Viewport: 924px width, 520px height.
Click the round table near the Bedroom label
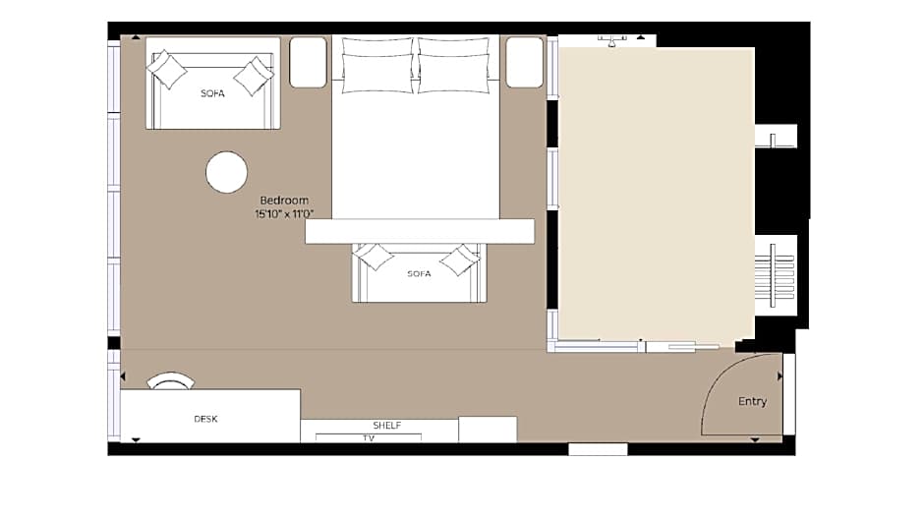tap(226, 172)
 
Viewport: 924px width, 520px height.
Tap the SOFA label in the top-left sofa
tap(212, 93)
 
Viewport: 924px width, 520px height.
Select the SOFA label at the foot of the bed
tap(419, 273)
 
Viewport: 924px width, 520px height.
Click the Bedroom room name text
tap(284, 201)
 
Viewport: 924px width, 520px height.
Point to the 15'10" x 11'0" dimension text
tap(284, 213)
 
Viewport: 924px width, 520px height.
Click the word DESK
tap(205, 419)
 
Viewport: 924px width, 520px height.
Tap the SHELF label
tap(387, 425)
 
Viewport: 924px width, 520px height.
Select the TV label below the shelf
tap(369, 438)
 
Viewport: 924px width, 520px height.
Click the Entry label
tap(753, 401)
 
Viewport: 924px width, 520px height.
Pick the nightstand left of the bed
tap(309, 63)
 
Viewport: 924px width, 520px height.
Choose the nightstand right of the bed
tap(525, 63)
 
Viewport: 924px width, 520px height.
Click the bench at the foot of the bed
tap(420, 231)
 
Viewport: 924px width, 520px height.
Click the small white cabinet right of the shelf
tap(488, 430)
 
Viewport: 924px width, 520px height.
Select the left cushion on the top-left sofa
tap(167, 70)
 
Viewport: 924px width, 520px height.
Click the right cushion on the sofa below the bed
tap(460, 260)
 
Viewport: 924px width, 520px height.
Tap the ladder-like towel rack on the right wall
tap(775, 274)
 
